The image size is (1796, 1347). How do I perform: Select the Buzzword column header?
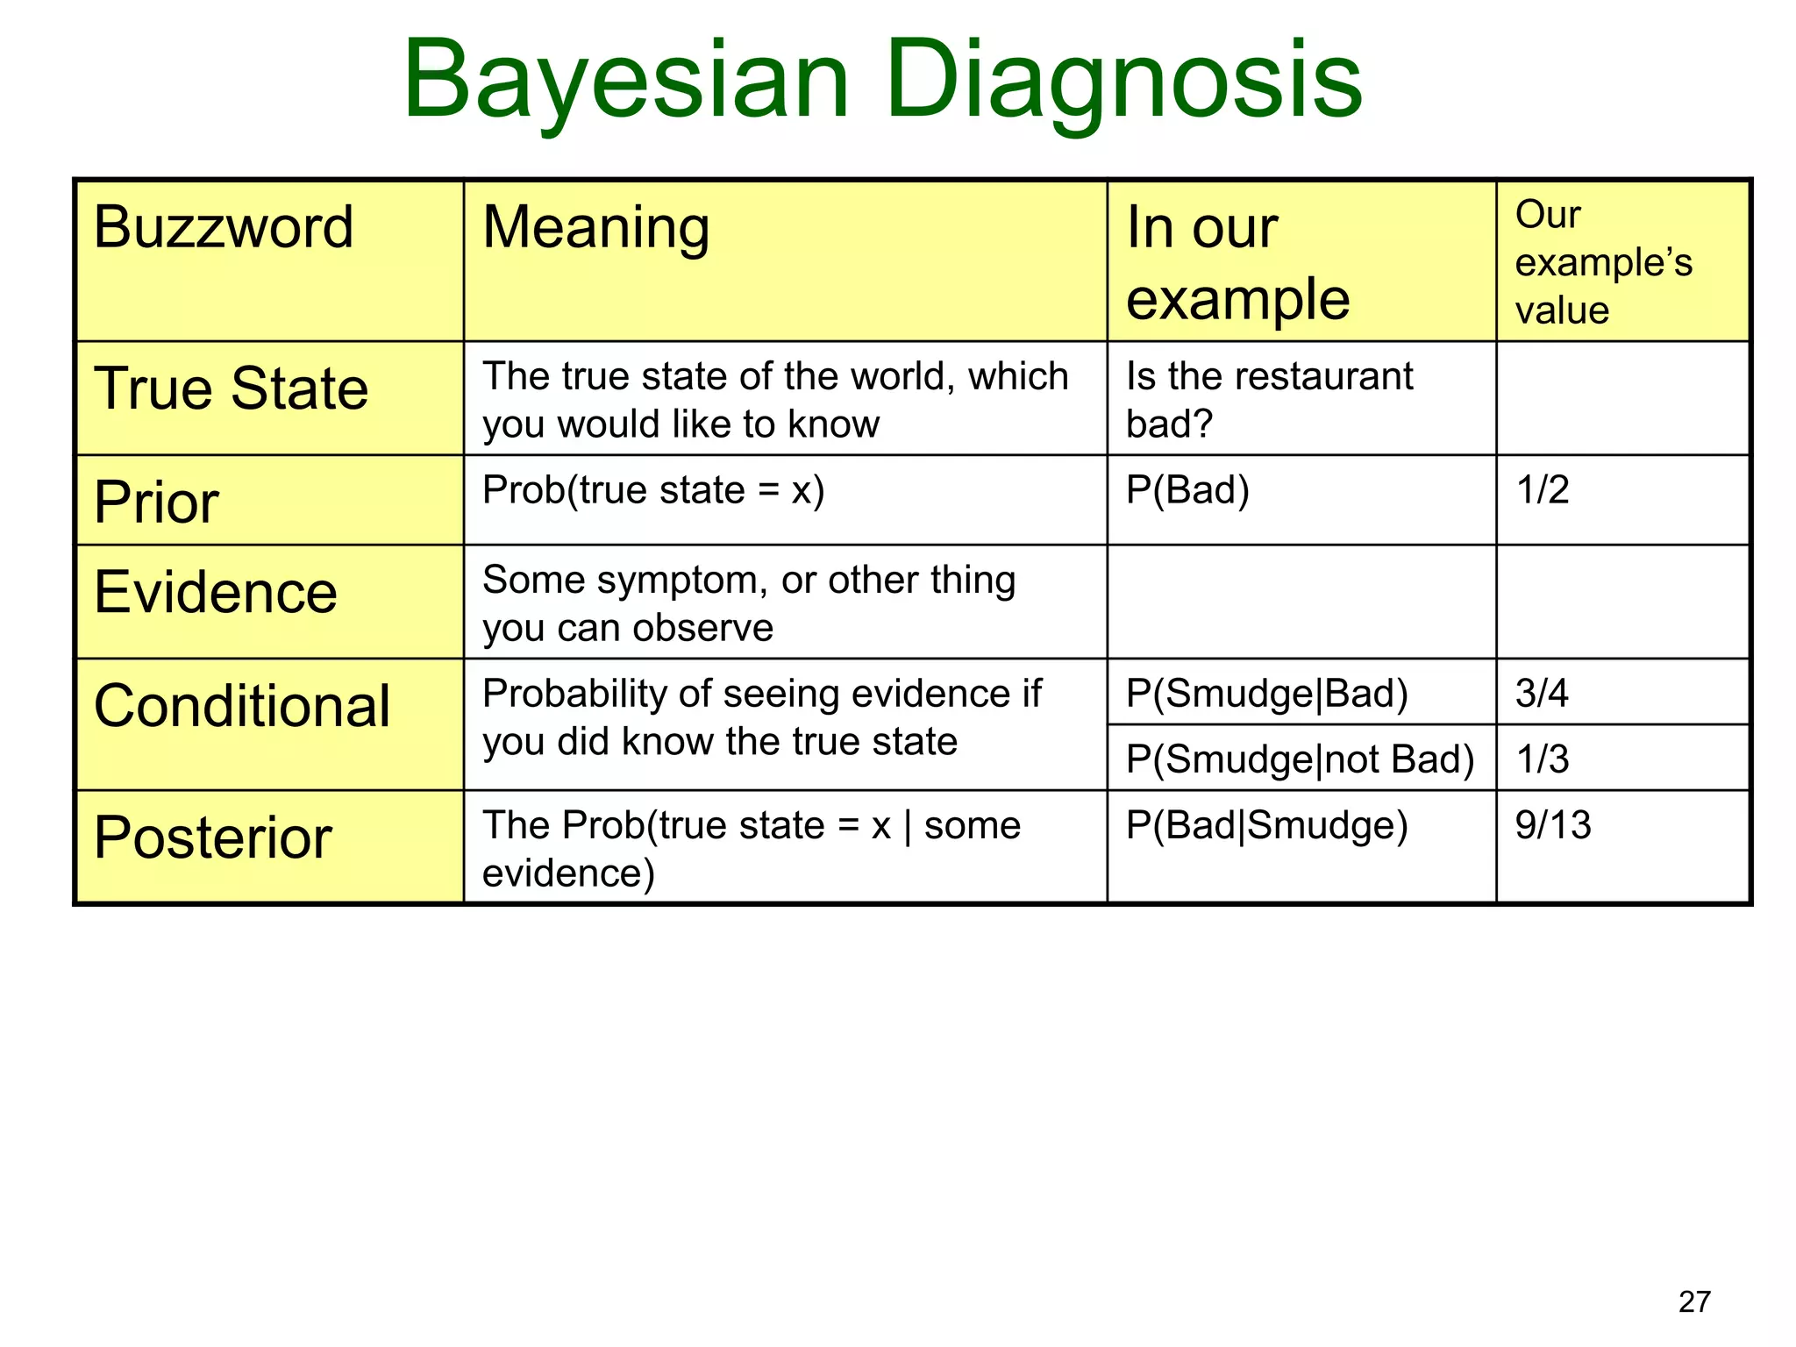point(224,228)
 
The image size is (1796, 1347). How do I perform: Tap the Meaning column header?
point(595,228)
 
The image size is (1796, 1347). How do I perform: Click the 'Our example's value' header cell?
point(1602,262)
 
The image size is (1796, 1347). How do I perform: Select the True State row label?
point(231,389)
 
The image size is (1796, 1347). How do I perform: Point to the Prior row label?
point(156,502)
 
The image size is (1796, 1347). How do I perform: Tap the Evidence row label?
point(215,593)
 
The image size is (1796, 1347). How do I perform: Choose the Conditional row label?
point(241,707)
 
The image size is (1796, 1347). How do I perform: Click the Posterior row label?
point(212,838)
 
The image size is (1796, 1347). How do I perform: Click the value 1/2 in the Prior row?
point(1542,490)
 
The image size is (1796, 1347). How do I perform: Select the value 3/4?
point(1542,694)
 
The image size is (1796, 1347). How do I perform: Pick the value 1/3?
point(1542,759)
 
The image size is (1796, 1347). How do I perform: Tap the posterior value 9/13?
point(1552,825)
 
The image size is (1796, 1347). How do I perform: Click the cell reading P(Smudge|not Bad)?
point(1300,759)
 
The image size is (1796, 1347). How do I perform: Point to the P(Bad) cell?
point(1187,490)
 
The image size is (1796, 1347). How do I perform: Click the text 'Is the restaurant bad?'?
point(1268,400)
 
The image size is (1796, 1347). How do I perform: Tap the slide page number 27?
point(1694,1301)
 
